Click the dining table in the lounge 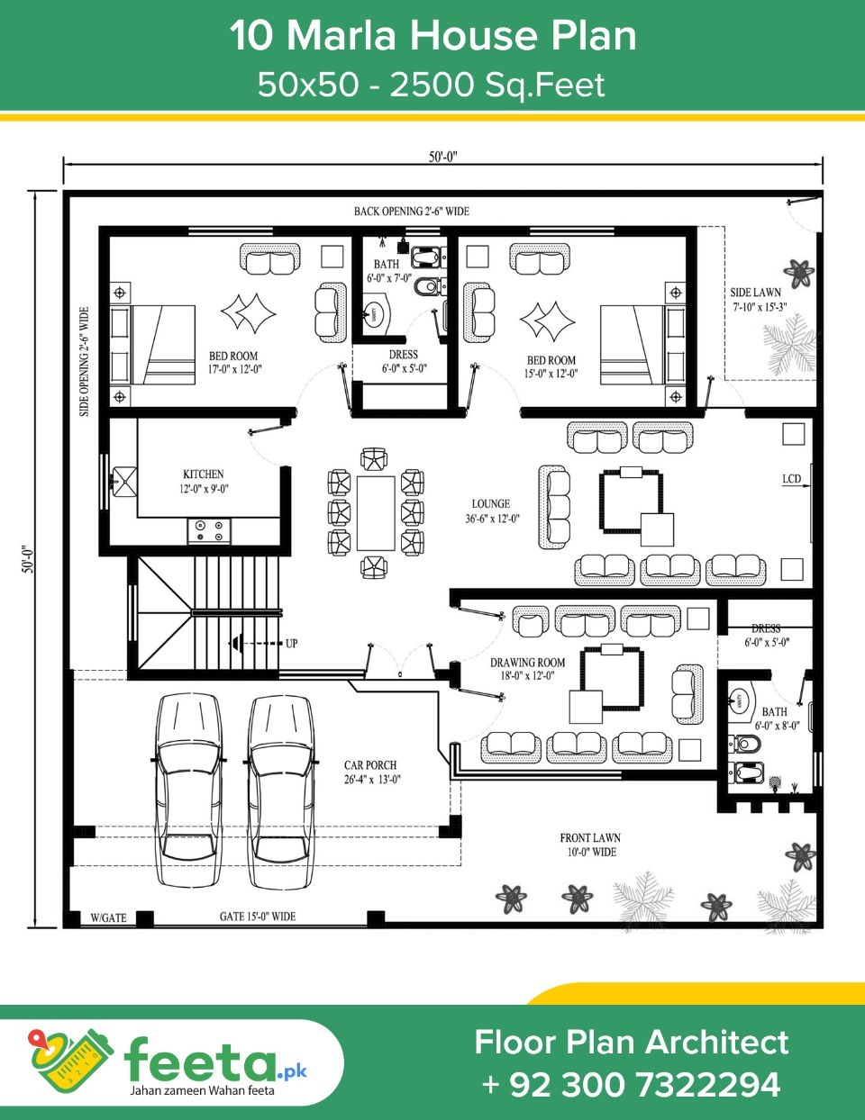(376, 513)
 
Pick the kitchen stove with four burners (209, 530)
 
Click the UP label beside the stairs (292, 644)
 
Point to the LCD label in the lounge (791, 479)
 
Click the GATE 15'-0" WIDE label (258, 917)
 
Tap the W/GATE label (108, 918)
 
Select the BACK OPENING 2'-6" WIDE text (411, 212)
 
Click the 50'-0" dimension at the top (442, 157)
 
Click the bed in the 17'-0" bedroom (153, 345)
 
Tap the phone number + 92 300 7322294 (631, 1084)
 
